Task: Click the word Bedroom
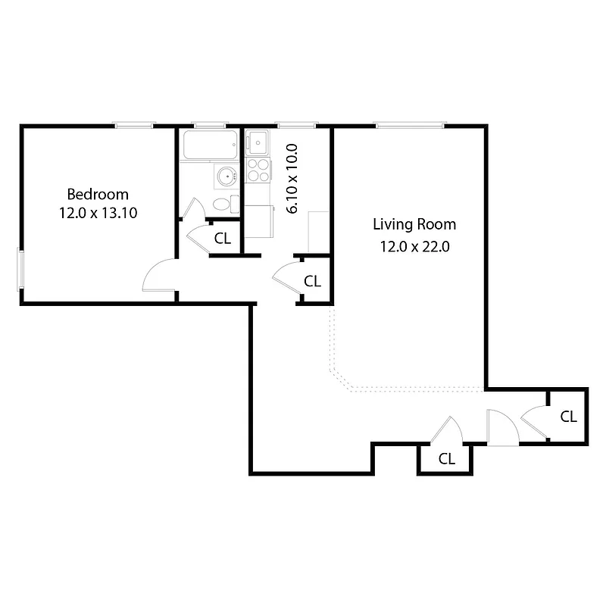tap(98, 194)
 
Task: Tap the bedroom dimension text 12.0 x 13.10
tap(98, 213)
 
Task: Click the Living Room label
tap(414, 224)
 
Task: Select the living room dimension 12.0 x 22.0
tap(414, 245)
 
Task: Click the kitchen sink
tap(258, 142)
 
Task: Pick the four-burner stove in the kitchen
tap(258, 170)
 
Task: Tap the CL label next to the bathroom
tap(222, 238)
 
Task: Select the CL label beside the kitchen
tap(312, 280)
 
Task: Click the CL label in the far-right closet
tap(568, 416)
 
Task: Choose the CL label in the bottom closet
tap(447, 458)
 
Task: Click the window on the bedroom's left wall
tap(20, 269)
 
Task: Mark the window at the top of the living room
tap(409, 125)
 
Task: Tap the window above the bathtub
tap(210, 125)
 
